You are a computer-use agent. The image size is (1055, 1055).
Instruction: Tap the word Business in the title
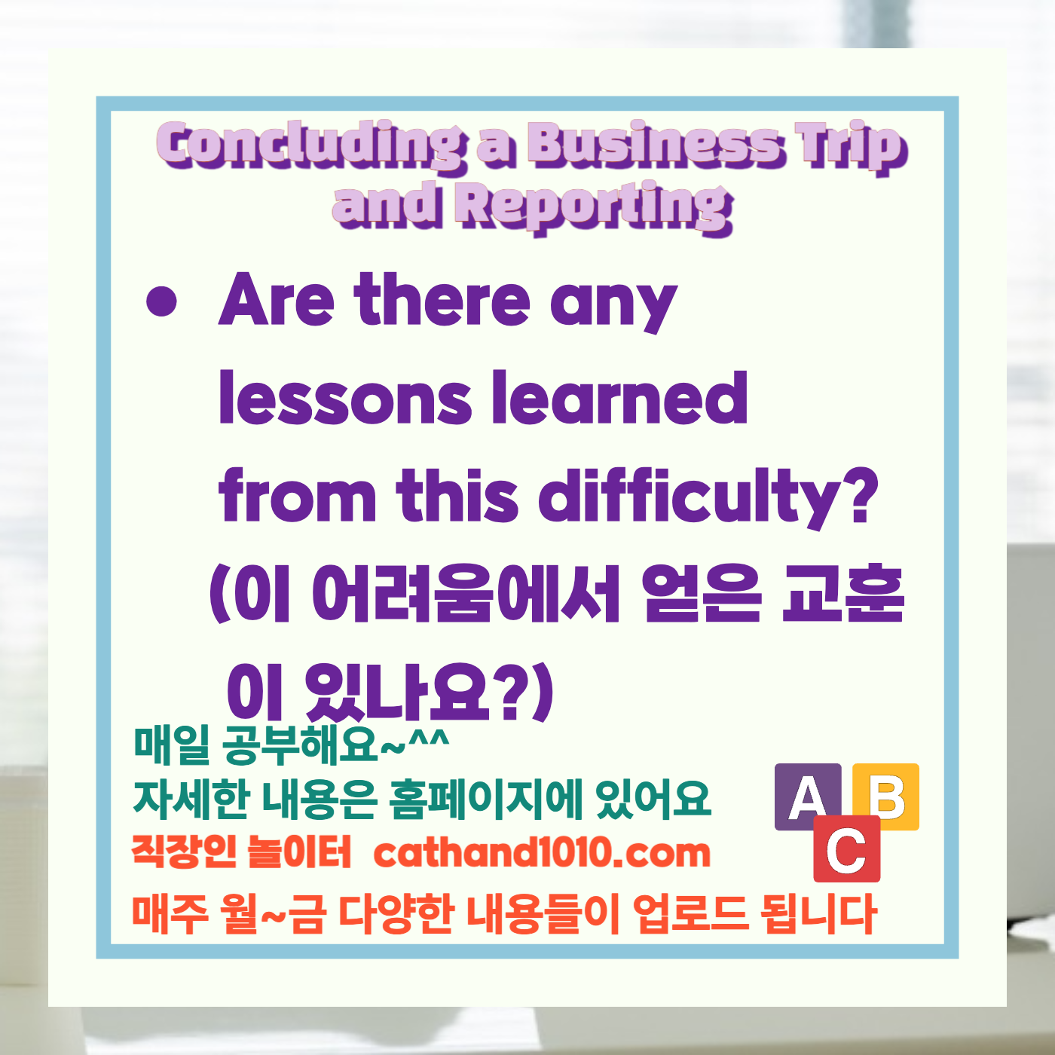654,144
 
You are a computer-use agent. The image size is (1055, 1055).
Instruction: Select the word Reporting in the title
595,206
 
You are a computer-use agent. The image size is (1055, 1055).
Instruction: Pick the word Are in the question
276,301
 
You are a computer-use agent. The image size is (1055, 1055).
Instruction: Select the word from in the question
298,497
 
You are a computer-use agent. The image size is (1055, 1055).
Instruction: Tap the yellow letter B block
888,795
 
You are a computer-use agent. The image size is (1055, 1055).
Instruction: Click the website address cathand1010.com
542,853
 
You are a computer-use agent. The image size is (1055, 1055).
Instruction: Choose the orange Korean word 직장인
185,852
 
